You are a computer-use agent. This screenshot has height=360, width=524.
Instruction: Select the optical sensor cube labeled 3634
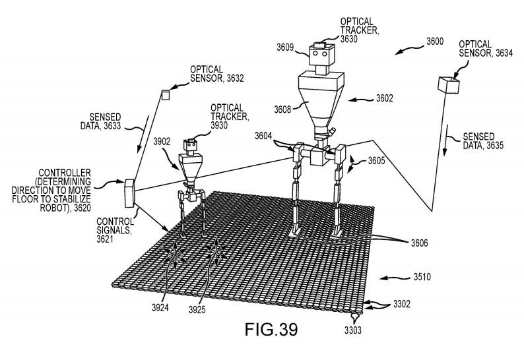coord(447,85)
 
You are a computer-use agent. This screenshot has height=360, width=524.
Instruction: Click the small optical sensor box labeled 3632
coord(166,95)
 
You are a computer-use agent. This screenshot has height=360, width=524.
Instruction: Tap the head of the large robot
coord(321,57)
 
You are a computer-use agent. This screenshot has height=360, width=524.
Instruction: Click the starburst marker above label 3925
coord(216,249)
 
